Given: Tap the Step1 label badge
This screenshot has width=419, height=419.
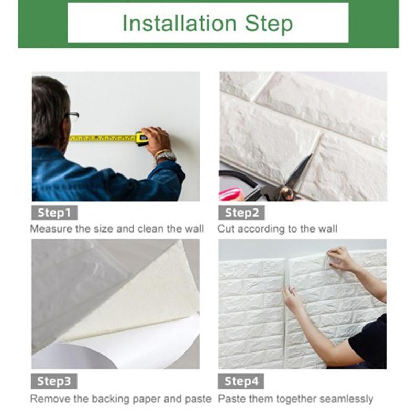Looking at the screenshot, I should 54,213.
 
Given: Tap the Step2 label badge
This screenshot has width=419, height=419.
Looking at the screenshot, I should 241,213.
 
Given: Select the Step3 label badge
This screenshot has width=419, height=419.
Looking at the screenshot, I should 54,381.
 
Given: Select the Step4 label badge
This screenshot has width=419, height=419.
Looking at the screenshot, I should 241,381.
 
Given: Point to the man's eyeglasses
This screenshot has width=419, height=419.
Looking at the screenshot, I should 73,116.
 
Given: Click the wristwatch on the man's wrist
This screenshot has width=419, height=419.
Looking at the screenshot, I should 166,156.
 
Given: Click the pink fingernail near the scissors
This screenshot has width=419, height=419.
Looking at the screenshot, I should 229,194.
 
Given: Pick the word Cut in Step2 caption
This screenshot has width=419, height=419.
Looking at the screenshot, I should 226,229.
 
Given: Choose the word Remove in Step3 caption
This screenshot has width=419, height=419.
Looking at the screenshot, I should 48,399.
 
